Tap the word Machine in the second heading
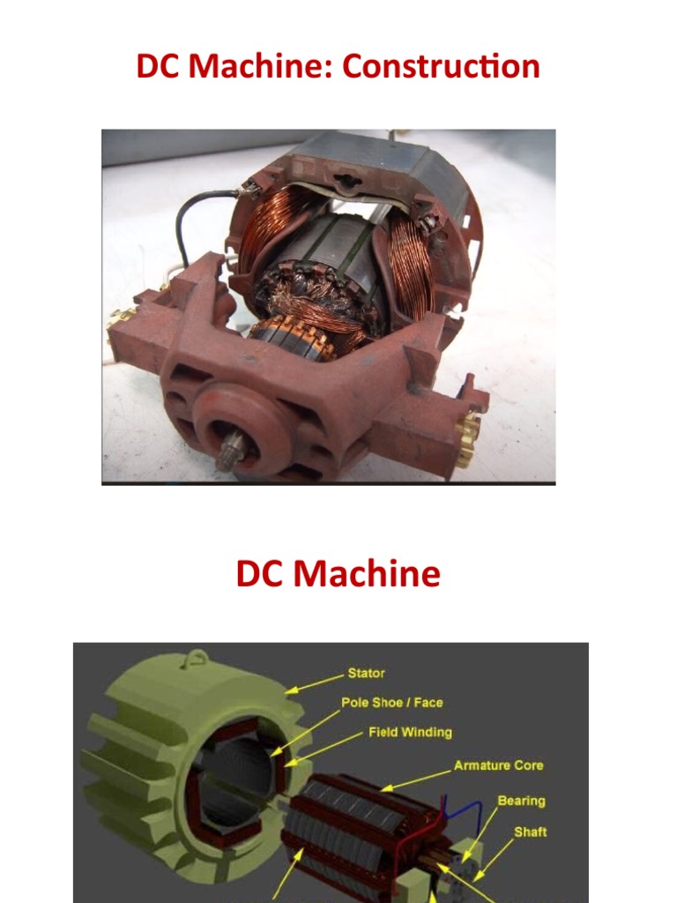point(368,574)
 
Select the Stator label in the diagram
point(366,674)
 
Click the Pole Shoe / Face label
point(391,703)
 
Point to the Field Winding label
point(409,732)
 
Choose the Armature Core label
point(498,765)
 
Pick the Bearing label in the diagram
point(521,801)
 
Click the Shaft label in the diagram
point(531,832)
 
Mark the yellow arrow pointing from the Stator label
point(314,684)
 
